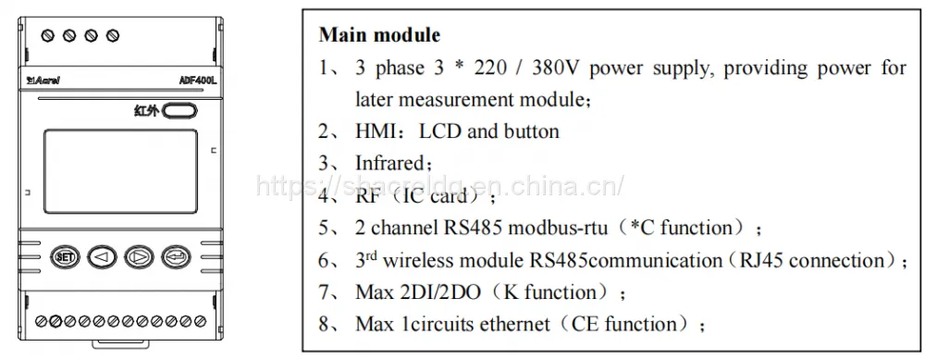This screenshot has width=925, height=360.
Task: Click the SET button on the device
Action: coord(65,256)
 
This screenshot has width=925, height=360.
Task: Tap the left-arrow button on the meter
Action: coord(102,256)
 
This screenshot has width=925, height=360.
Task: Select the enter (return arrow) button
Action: coord(177,256)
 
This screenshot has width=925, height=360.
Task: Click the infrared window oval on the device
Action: coord(179,110)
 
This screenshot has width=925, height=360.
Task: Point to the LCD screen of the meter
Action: coord(120,171)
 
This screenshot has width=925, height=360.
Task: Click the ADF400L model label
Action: coord(198,81)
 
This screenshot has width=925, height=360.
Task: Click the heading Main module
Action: coord(379,35)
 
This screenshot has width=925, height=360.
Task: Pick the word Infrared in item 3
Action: coord(389,163)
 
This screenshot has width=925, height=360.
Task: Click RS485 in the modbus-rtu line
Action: coord(473,228)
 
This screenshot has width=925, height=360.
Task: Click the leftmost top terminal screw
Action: coord(48,35)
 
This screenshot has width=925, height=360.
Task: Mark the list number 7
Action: coord(324,292)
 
